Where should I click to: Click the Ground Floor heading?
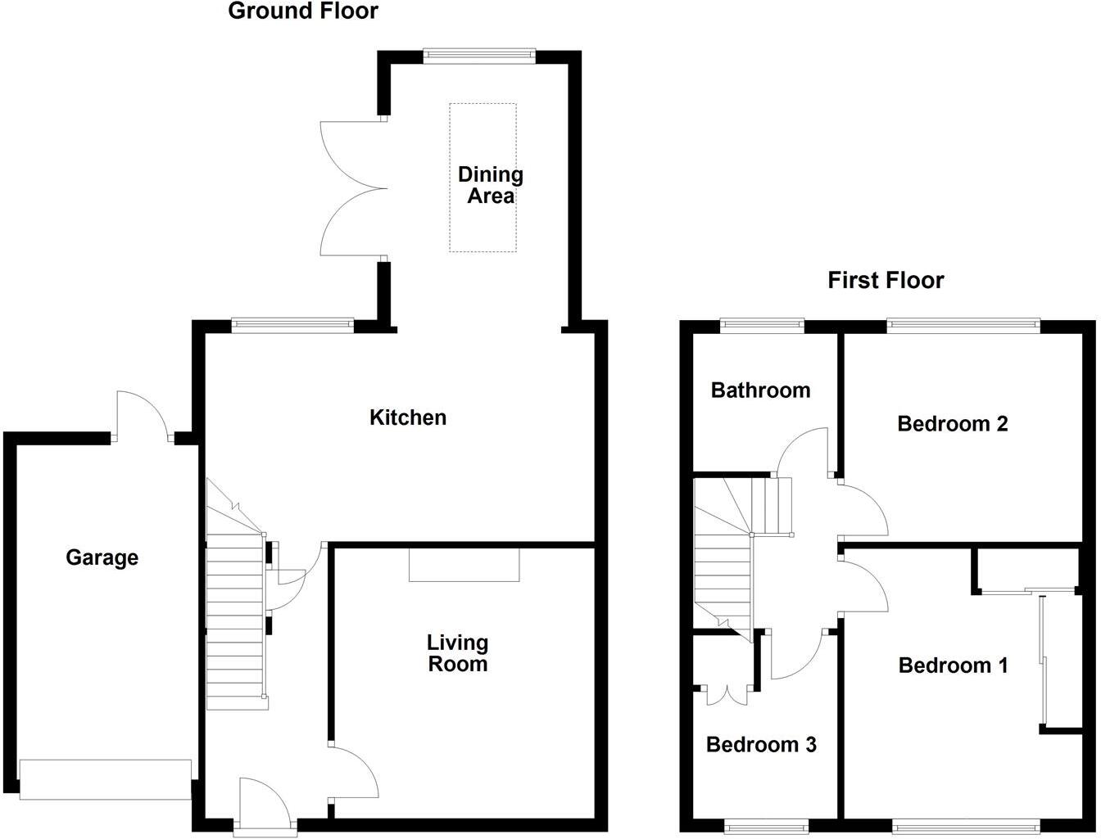tap(302, 11)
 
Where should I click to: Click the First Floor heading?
tap(886, 281)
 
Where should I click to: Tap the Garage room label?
tap(102, 558)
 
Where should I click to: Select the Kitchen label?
tap(408, 417)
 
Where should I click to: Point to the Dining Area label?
tap(490, 185)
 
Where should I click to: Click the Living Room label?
tap(457, 653)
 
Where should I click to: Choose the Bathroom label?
tap(760, 390)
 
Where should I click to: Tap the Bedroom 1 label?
tap(953, 665)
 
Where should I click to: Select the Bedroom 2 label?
tap(952, 424)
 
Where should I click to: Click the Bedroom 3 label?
tap(761, 745)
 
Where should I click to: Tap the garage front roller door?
tap(105, 779)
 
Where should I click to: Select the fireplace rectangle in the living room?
tap(464, 565)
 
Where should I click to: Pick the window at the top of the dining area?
tap(479, 56)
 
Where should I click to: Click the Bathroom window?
tap(762, 326)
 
